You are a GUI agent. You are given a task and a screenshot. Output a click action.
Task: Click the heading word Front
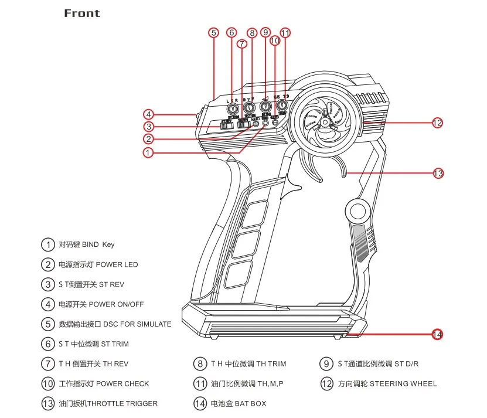point(82,13)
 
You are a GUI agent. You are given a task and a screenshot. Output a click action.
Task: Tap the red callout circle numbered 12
point(437,123)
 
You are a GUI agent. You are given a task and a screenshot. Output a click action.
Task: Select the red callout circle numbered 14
point(437,335)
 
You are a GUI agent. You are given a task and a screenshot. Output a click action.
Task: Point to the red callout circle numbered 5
point(213,33)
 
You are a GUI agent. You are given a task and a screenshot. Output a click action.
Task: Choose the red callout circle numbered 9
point(265,33)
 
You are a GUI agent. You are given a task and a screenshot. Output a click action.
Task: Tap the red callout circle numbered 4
point(149,114)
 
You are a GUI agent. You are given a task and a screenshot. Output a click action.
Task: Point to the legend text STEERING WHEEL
point(403,383)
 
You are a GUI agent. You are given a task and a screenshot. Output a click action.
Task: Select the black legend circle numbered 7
point(47,364)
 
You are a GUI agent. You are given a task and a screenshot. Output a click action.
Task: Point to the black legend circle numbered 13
point(47,403)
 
